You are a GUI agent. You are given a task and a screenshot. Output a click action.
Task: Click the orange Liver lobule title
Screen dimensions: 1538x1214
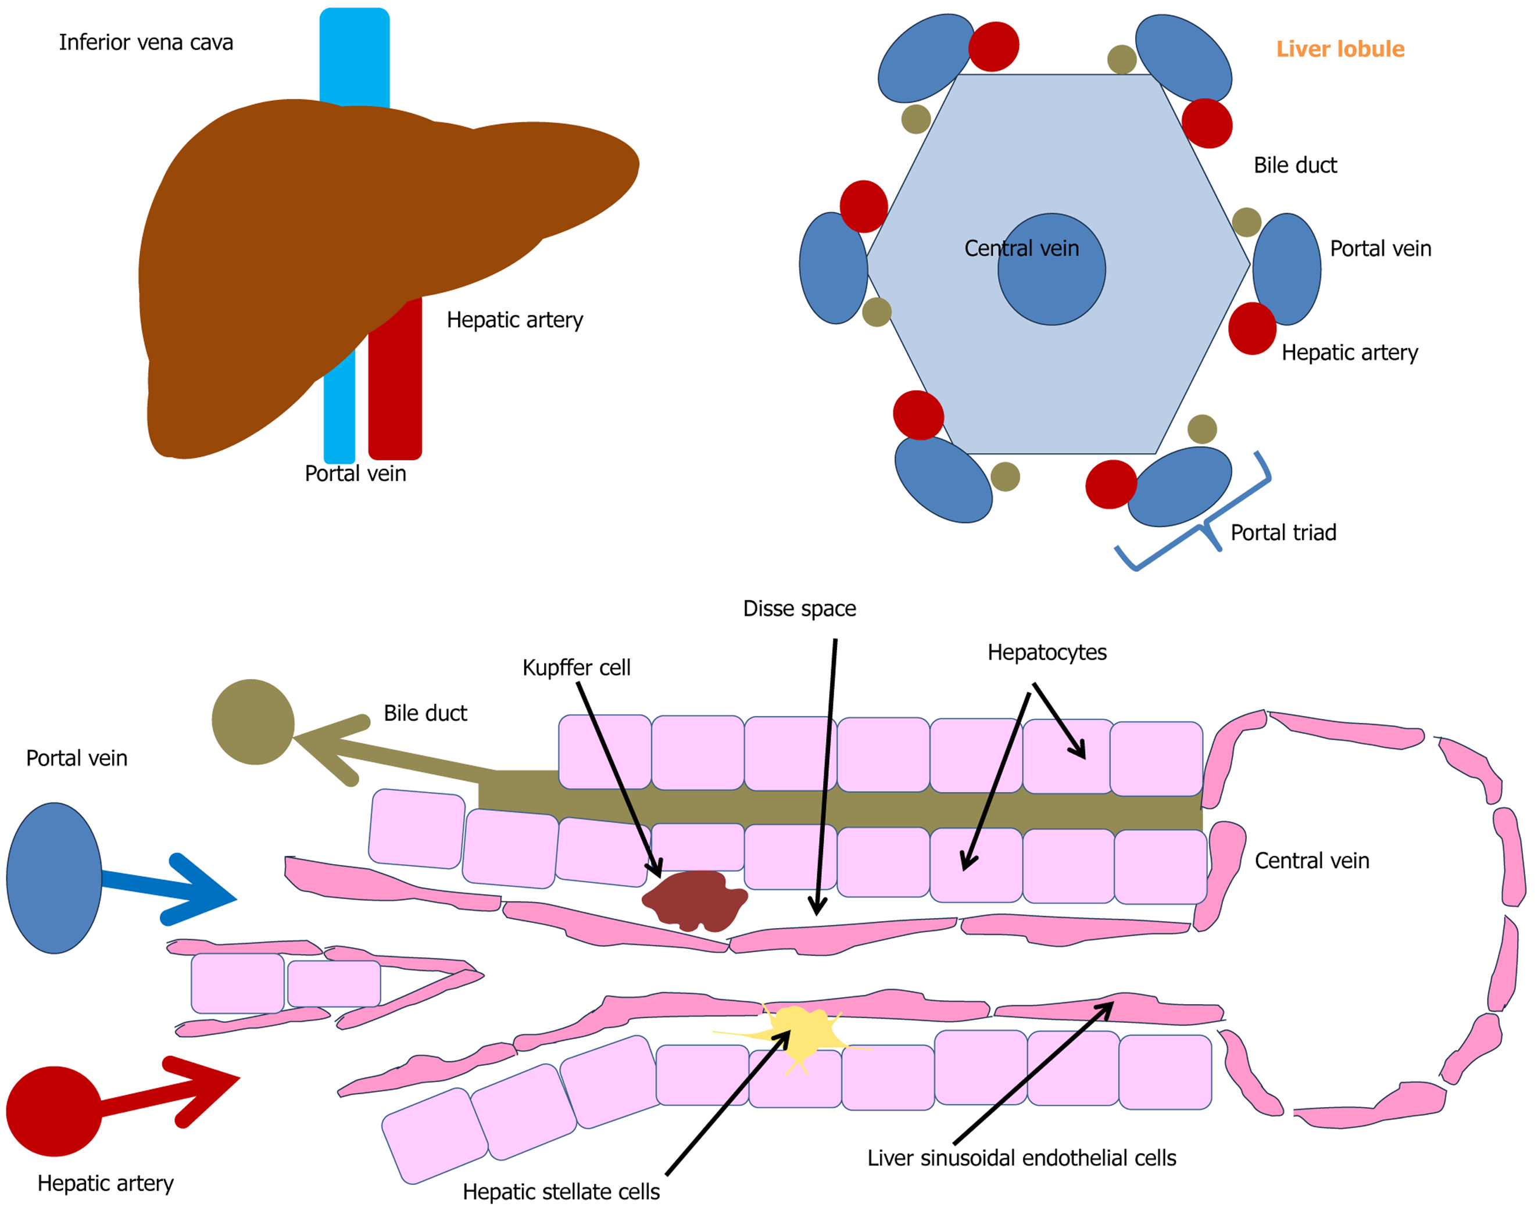tap(1340, 48)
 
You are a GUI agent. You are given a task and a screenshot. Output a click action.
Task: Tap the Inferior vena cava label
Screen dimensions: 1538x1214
tap(146, 42)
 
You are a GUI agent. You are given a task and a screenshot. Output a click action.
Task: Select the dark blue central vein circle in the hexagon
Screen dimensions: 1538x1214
tap(1051, 270)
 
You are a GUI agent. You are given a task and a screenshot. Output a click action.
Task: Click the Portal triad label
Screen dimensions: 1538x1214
tap(1283, 532)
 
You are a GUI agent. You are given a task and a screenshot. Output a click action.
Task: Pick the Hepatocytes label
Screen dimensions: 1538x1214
tap(1047, 652)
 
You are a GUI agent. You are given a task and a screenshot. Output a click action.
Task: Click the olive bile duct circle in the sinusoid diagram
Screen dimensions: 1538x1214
tap(253, 722)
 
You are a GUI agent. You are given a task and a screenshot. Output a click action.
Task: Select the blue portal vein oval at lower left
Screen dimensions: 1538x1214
tap(54, 878)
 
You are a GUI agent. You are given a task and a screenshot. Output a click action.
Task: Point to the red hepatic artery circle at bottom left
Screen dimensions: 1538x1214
tap(54, 1112)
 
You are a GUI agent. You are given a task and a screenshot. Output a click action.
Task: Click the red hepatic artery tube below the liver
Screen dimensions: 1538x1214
tap(395, 384)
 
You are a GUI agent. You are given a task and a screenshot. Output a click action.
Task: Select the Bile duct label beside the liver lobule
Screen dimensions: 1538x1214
tap(1295, 165)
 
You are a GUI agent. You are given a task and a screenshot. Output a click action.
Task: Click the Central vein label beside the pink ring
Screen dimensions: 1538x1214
tap(1311, 861)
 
